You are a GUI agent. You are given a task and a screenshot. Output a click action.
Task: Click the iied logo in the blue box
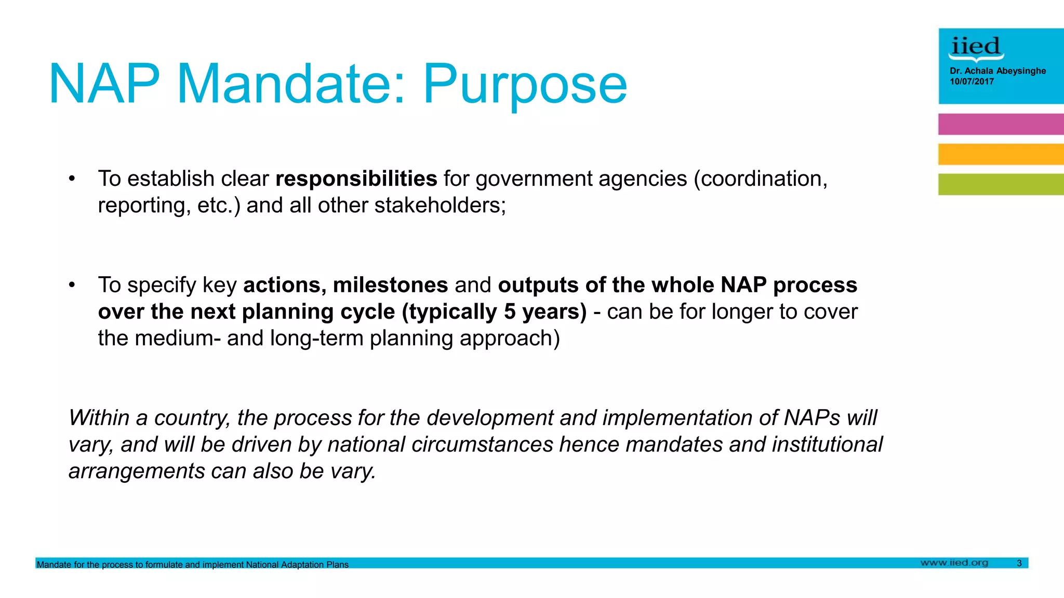coord(976,48)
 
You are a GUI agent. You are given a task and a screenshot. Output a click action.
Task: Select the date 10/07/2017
coord(972,81)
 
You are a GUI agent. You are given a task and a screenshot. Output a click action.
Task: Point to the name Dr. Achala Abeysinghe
coord(997,71)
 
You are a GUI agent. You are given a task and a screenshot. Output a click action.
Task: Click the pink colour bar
coord(1001,124)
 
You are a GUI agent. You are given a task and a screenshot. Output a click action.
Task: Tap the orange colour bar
coord(1001,154)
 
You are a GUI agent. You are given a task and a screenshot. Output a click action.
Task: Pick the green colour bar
coord(1001,184)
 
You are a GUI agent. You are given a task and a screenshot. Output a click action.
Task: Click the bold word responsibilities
coord(356,179)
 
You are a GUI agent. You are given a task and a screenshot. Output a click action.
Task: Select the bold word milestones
coord(390,285)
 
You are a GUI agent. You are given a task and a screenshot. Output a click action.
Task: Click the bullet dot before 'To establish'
coord(72,179)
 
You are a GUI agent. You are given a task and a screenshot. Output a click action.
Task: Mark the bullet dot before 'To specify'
coord(72,285)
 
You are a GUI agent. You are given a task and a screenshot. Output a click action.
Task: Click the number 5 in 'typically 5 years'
coord(510,311)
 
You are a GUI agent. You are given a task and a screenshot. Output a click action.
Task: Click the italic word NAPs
coord(812,418)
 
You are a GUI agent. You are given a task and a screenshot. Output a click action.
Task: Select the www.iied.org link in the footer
coord(954,563)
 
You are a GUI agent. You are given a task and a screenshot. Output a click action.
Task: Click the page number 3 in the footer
coord(1019,563)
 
